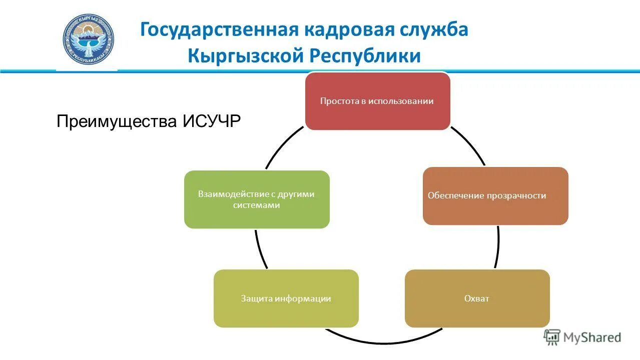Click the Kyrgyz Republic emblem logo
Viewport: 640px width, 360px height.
click(x=89, y=39)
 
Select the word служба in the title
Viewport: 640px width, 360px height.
click(x=433, y=30)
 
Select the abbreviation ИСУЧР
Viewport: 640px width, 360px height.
click(x=212, y=121)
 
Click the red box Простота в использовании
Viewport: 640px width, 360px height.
click(x=377, y=101)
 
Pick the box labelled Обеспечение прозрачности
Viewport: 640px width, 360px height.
click(x=495, y=195)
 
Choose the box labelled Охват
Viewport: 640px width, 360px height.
click(x=477, y=298)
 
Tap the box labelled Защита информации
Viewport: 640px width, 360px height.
click(x=286, y=298)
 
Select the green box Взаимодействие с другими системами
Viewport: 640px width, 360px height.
click(x=257, y=199)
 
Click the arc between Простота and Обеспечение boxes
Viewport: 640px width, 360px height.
click(x=469, y=145)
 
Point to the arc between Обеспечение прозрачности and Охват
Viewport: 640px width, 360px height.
click(x=498, y=247)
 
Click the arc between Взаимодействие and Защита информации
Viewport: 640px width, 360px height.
click(x=260, y=250)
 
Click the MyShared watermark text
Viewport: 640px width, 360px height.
click(x=592, y=337)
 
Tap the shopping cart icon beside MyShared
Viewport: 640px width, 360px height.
click(x=552, y=337)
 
